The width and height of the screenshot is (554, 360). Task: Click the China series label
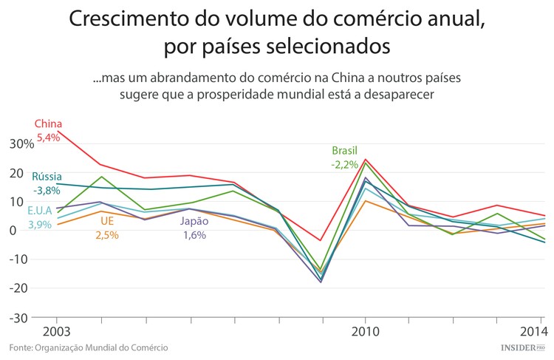[x=49, y=123]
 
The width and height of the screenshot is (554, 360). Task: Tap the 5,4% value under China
[x=49, y=137]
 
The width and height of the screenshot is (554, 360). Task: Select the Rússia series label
[x=47, y=177]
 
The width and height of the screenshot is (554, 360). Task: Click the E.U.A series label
[x=41, y=211]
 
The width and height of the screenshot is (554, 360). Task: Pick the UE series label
[x=106, y=221]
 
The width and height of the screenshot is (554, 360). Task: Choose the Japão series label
[x=194, y=221]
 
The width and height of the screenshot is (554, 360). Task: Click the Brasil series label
[x=344, y=151]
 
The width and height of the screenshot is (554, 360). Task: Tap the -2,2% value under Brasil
[x=344, y=164]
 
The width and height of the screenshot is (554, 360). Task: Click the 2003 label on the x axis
[x=47, y=330]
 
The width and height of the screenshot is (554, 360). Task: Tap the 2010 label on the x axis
[x=366, y=330]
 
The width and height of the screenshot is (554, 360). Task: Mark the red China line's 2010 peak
[x=366, y=160]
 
